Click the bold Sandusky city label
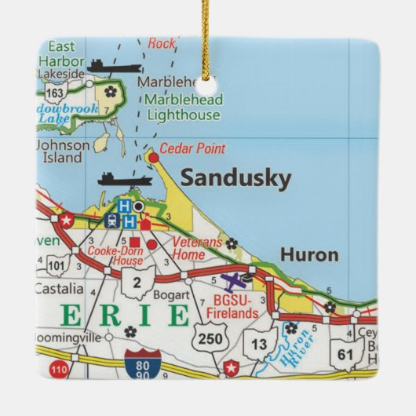235,178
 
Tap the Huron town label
309,255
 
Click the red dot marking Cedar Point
153,157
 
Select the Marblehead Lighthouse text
182,108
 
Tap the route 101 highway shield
57,265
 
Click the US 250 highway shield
209,338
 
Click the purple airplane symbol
233,280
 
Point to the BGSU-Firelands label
237,306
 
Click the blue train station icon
111,221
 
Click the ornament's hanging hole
209,82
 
